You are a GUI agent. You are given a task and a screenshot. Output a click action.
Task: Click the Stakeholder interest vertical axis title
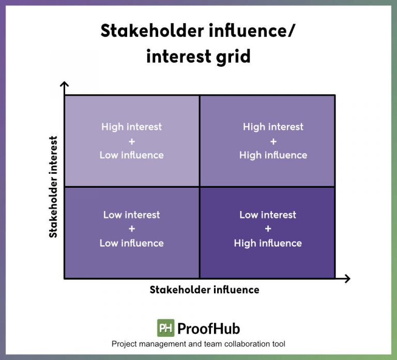(53, 187)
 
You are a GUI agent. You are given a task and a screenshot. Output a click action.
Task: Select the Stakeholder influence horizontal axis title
(204, 290)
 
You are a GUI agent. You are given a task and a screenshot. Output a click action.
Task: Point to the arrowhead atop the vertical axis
(64, 85)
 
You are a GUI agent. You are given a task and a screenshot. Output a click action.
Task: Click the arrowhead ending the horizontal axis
(346, 279)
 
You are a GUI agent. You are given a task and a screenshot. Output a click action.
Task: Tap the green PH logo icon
(165, 328)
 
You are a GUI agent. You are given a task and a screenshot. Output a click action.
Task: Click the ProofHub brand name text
(208, 328)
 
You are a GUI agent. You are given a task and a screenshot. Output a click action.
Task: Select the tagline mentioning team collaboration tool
(198, 344)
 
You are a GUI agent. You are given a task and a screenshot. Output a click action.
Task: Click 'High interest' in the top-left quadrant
(131, 127)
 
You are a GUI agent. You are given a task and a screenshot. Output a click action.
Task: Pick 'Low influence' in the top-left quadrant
(131, 155)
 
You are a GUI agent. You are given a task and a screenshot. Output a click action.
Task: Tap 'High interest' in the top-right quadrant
(273, 127)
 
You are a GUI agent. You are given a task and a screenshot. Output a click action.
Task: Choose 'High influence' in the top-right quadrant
(273, 155)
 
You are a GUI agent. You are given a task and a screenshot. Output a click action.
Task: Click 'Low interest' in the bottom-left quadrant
(131, 215)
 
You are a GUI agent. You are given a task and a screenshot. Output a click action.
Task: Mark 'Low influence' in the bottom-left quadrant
(131, 243)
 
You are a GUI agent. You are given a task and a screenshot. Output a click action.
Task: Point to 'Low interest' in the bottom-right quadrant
(268, 215)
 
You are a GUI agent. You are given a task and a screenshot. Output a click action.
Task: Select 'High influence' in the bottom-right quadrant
(268, 243)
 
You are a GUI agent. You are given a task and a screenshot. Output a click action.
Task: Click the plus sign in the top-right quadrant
(273, 141)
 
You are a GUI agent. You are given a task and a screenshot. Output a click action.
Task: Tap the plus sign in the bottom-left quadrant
(131, 229)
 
